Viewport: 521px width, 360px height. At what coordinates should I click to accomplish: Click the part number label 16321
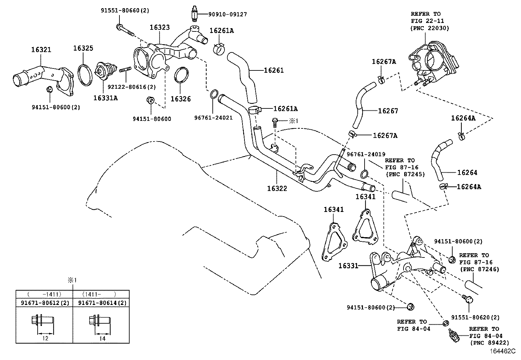click(41, 50)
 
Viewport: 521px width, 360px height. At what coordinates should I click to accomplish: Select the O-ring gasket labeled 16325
click(84, 75)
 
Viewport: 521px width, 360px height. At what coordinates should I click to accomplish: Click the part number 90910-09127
click(228, 14)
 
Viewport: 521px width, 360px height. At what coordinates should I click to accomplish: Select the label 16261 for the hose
click(274, 70)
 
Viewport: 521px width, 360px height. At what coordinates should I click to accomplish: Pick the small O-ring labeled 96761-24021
click(213, 94)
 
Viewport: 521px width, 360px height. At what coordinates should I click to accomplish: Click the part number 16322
click(277, 188)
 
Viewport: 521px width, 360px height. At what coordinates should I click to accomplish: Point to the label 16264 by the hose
click(467, 173)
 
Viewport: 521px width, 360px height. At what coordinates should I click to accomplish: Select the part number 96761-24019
click(366, 154)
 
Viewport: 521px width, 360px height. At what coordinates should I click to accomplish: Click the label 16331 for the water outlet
click(349, 266)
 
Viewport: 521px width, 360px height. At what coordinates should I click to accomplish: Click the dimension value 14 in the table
click(102, 339)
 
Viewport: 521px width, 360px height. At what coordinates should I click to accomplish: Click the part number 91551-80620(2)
click(476, 317)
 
